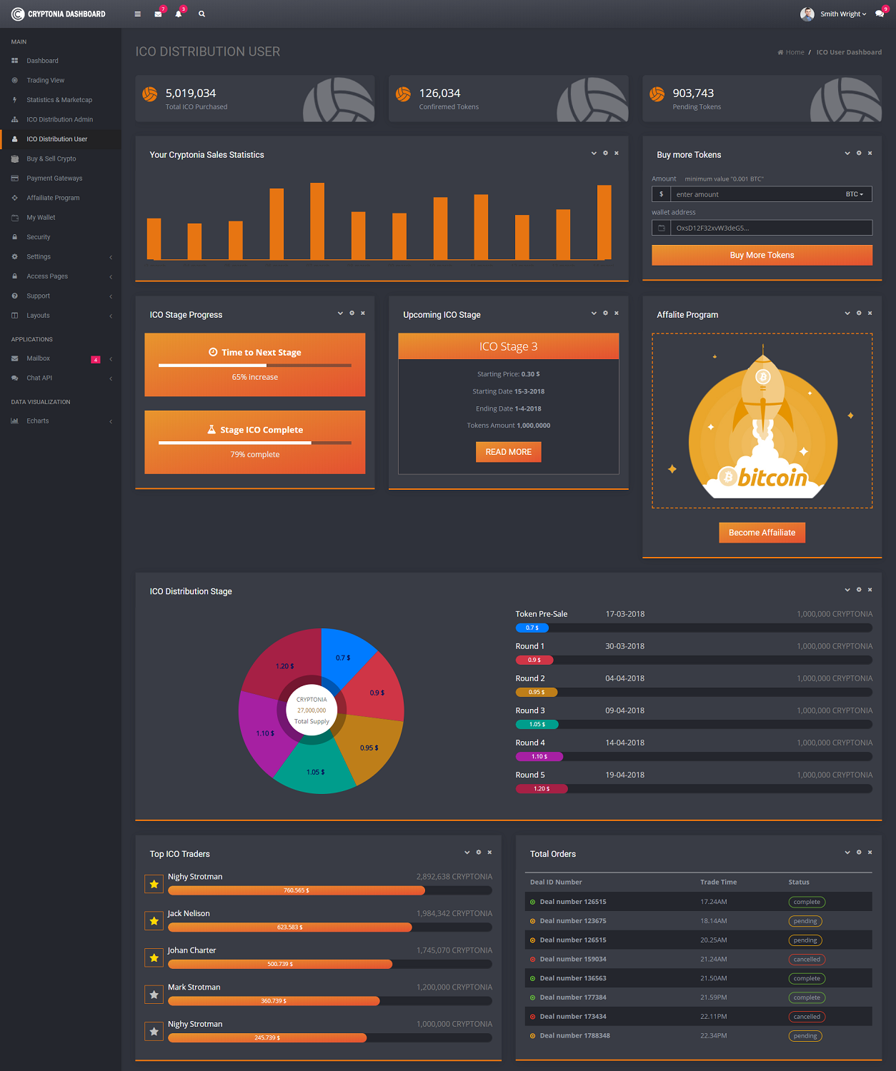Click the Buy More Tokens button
click(x=762, y=255)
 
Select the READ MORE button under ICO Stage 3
click(x=508, y=452)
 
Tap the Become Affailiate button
click(x=762, y=533)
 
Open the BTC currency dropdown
click(x=855, y=194)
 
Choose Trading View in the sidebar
click(x=46, y=81)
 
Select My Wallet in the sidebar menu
click(x=41, y=218)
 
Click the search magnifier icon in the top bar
click(x=201, y=14)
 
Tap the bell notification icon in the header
click(x=179, y=14)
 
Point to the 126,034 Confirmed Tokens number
click(x=439, y=94)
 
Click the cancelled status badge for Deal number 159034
click(x=807, y=960)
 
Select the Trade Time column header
click(x=718, y=883)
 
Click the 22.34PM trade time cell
click(x=713, y=1036)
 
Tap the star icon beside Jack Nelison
click(x=154, y=921)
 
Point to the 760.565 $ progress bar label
click(x=297, y=890)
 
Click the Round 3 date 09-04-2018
click(x=624, y=710)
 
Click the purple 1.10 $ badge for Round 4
click(x=539, y=757)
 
